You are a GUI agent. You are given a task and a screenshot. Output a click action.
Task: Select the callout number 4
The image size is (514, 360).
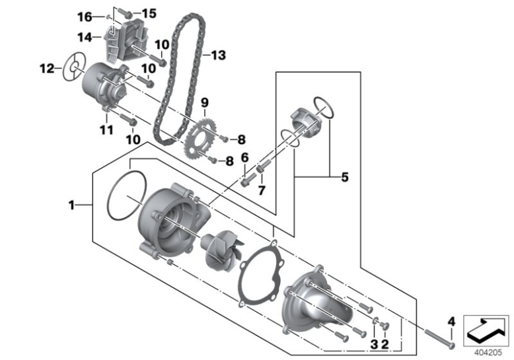pos(451,322)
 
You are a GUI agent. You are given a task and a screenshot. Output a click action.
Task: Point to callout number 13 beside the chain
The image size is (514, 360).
pos(218,55)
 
